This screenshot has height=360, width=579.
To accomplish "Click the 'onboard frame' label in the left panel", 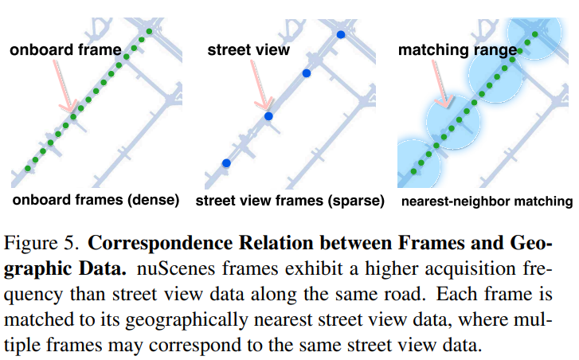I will click(65, 50).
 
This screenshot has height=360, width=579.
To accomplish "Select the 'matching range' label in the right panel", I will click(457, 50).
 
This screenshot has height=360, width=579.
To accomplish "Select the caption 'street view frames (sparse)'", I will click(290, 200).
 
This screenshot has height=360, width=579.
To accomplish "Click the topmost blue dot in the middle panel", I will click(341, 34).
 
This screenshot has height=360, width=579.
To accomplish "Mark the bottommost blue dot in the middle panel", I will click(226, 162).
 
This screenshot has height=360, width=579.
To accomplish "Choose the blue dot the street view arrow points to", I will click(268, 116).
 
